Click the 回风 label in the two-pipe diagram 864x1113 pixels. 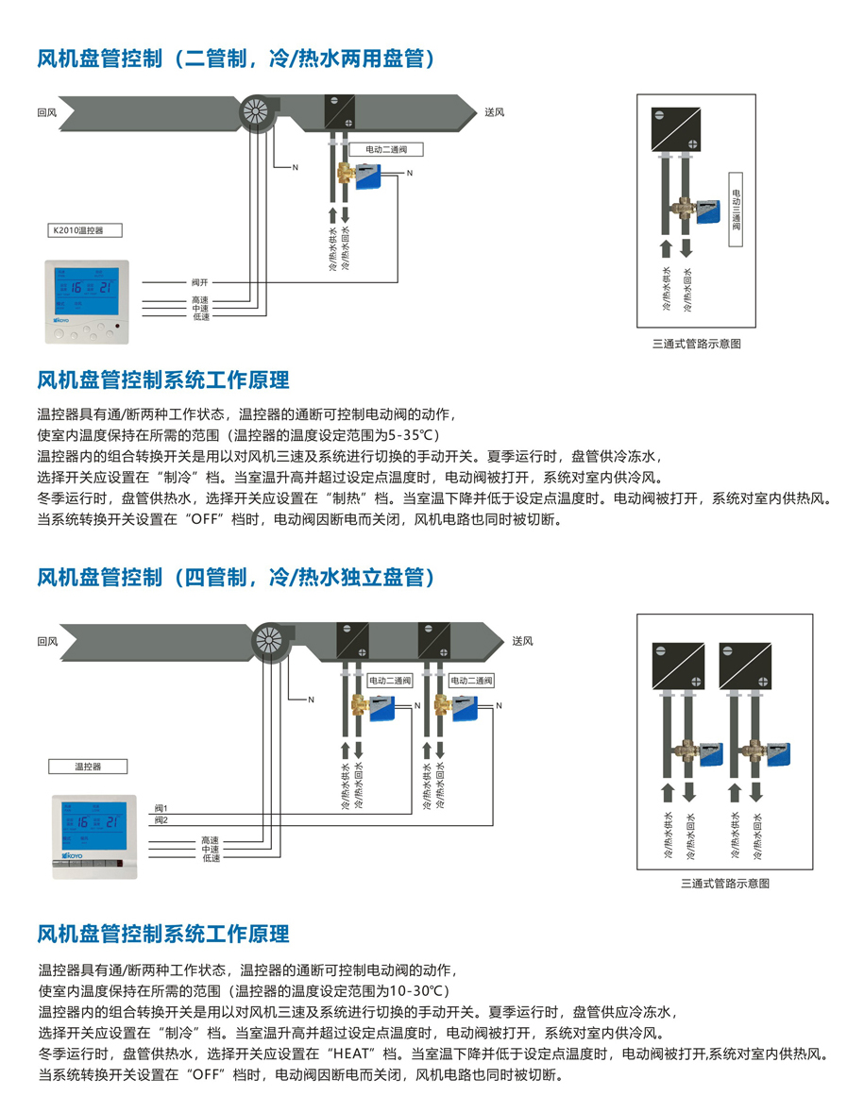coord(47,112)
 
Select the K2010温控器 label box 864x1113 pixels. coord(85,229)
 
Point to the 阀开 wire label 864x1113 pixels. coord(198,282)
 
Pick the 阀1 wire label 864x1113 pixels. coord(161,809)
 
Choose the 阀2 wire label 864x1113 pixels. coord(161,819)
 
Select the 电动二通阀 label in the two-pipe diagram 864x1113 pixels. coord(385,149)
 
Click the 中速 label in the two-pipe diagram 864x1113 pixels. coord(199,309)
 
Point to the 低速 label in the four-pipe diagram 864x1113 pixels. coord(210,858)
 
